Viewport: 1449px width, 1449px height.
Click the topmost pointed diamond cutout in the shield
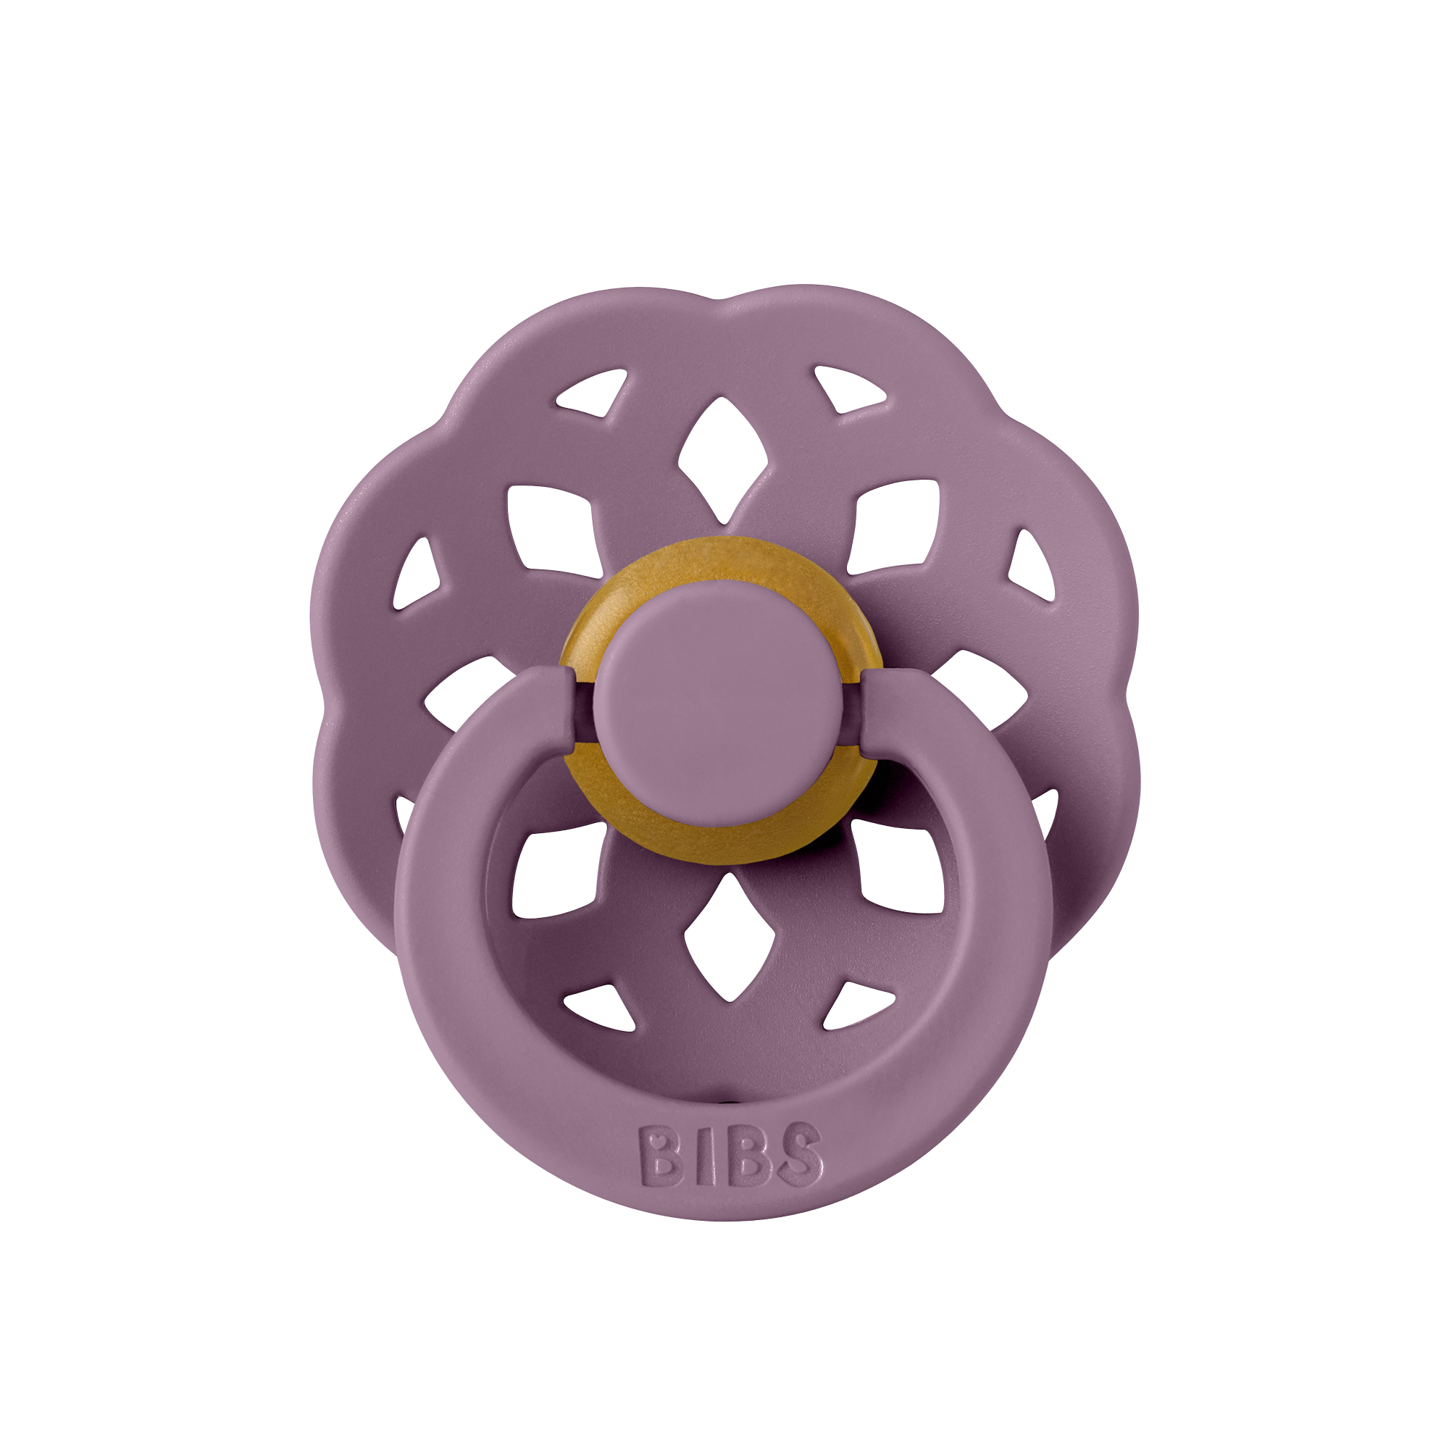click(722, 457)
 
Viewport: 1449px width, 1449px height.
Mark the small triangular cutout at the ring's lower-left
click(600, 1006)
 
